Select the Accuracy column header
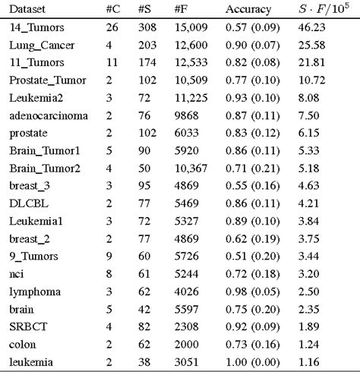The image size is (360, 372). pos(248,10)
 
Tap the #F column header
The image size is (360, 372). pos(182,10)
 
